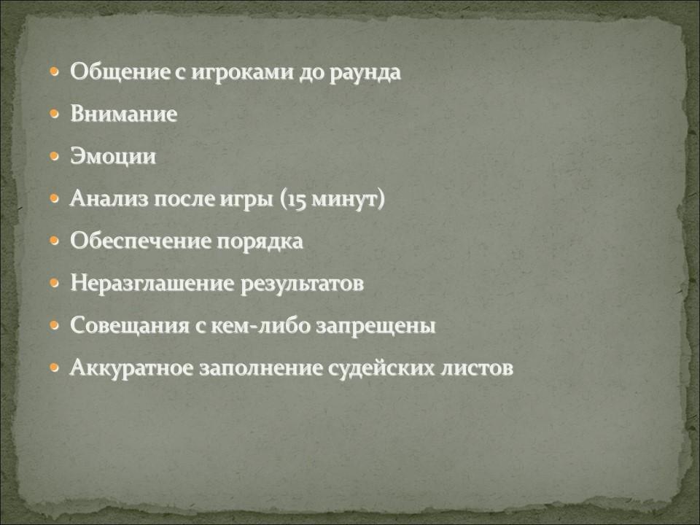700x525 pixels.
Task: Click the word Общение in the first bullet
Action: pyautogui.click(x=120, y=72)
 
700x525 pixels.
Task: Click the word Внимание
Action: pyautogui.click(x=124, y=114)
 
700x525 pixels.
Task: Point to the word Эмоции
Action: pyautogui.click(x=113, y=157)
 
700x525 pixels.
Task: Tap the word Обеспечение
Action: pyautogui.click(x=140, y=241)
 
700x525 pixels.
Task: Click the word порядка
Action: pyautogui.click(x=260, y=242)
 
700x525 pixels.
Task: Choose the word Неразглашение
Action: pyautogui.click(x=152, y=284)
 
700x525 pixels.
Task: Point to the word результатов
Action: pyautogui.click(x=302, y=284)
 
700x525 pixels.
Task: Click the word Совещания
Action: pyautogui.click(x=130, y=325)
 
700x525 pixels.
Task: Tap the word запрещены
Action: pyautogui.click(x=376, y=327)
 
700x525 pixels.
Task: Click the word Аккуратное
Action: pyautogui.click(x=132, y=367)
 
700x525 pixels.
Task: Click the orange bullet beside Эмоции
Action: pyautogui.click(x=55, y=157)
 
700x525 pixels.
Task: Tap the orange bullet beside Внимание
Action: pyautogui.click(x=55, y=114)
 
